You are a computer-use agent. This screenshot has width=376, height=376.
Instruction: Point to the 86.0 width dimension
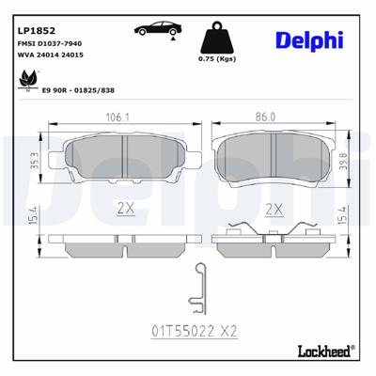(x=267, y=117)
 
